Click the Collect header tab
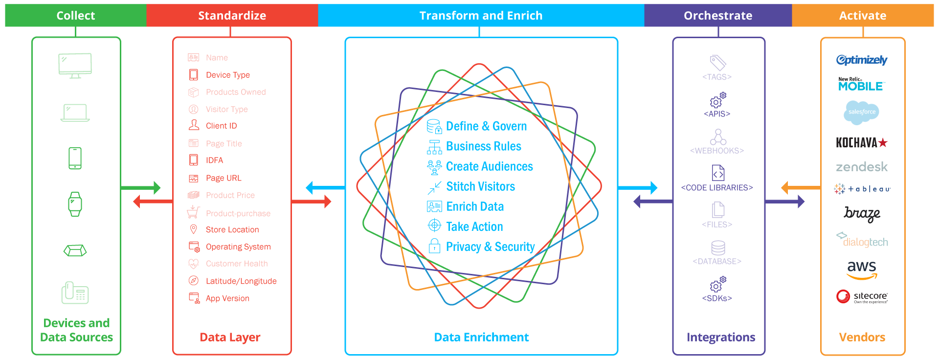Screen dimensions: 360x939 coord(76,16)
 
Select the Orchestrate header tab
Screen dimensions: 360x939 coord(717,16)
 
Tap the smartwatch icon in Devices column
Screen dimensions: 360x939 coord(75,204)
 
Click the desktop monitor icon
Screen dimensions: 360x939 coord(75,66)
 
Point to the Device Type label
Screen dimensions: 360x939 coord(227,75)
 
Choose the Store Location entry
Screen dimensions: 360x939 coord(232,229)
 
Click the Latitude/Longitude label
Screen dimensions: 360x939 coord(241,281)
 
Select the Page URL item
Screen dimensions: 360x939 coord(224,178)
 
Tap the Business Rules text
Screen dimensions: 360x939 coord(483,146)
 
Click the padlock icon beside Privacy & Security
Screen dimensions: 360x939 coord(434,246)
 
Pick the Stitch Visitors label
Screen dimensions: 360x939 coord(480,186)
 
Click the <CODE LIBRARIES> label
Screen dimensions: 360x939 coord(717,188)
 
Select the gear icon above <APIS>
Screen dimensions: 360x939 coord(717,100)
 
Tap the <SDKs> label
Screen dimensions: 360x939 coord(717,298)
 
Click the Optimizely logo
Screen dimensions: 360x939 coord(862,60)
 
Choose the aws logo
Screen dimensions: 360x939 coord(862,269)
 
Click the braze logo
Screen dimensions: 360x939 coord(862,214)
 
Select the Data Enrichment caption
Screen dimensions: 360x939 coord(481,337)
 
